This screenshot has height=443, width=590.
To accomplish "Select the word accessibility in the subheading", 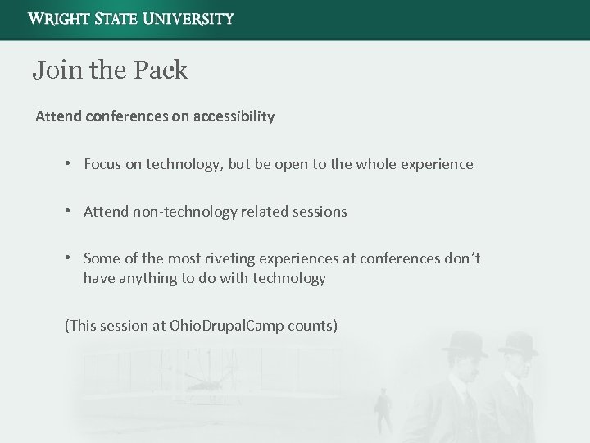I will coord(234,116).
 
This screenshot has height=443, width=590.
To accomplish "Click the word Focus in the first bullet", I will coord(102,164).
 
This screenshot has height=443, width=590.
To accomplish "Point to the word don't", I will coord(461,259).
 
